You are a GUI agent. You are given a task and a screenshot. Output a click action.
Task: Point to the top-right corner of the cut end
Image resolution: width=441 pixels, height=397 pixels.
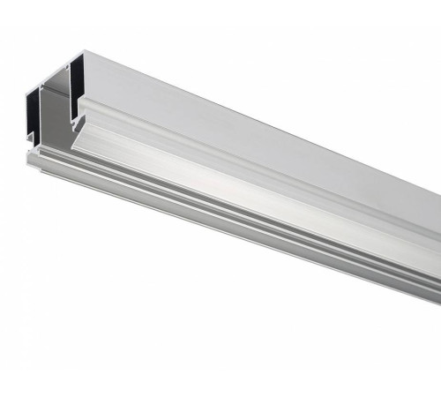86,50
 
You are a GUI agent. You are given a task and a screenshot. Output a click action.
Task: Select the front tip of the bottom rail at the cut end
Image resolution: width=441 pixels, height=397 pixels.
32,160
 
